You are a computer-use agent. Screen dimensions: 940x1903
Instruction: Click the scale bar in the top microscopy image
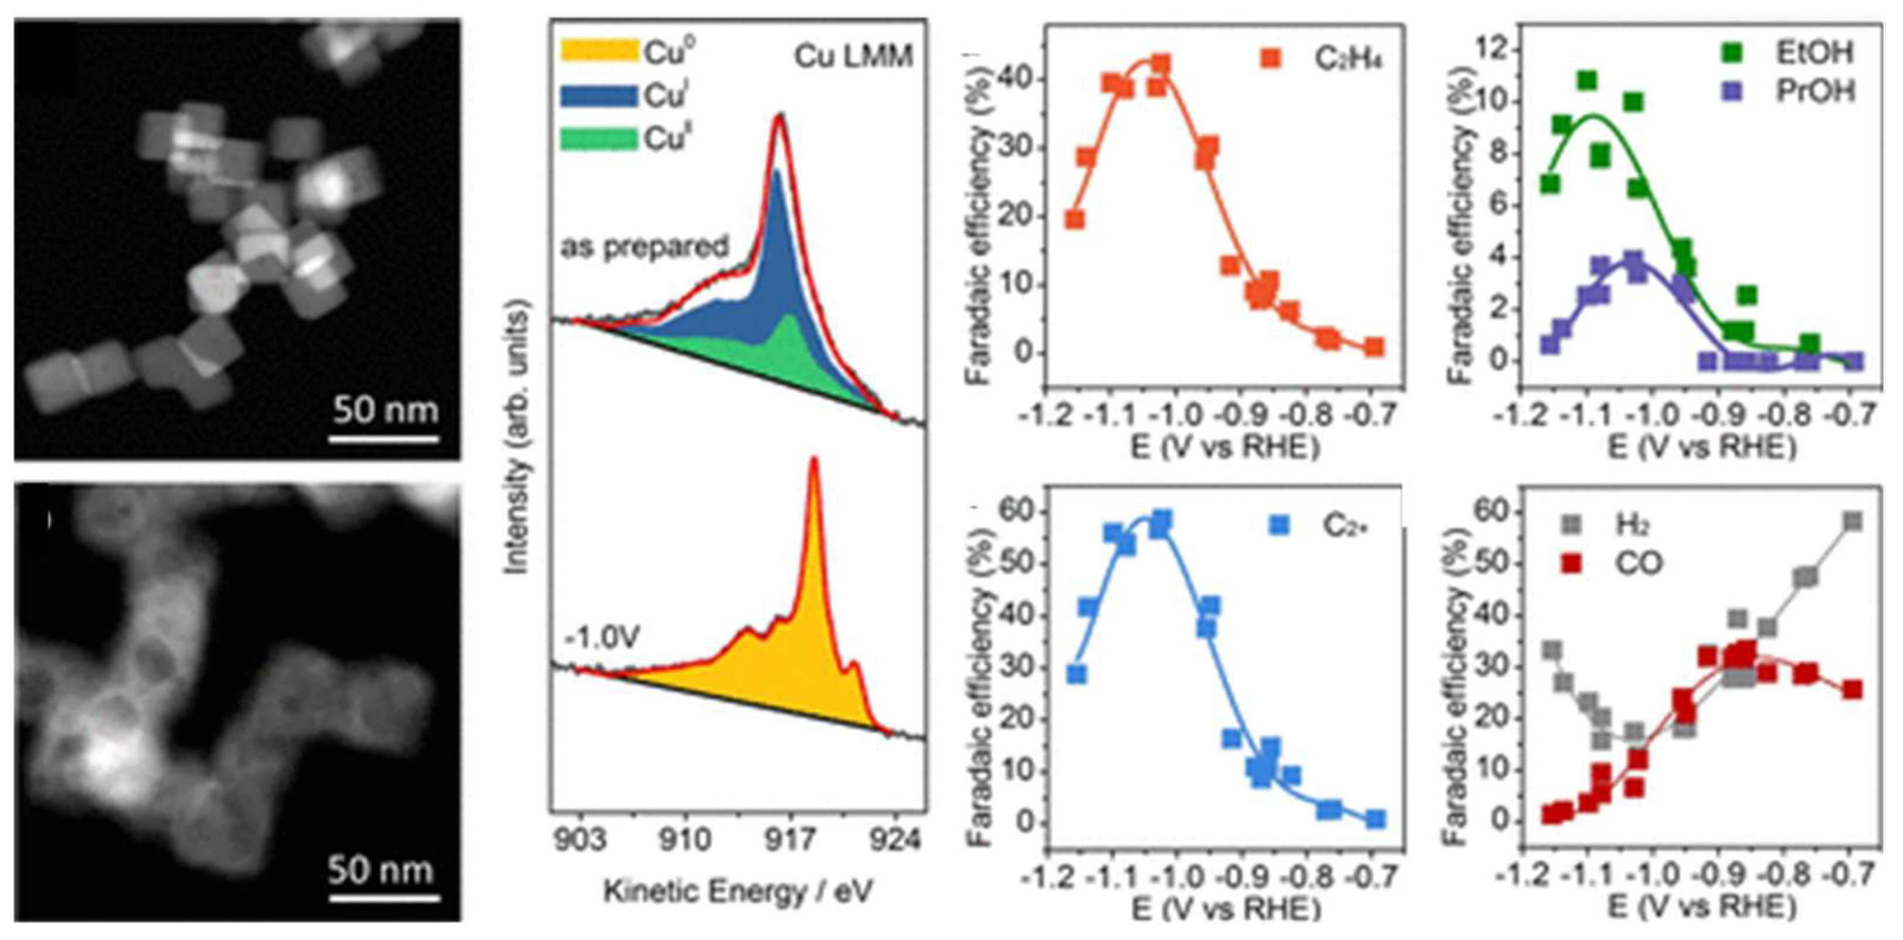tap(384, 439)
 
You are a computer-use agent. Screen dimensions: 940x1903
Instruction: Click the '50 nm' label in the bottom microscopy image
tap(381, 871)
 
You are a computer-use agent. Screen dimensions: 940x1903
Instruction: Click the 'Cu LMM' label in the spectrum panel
tap(853, 57)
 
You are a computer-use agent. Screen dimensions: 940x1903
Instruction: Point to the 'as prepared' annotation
tap(644, 247)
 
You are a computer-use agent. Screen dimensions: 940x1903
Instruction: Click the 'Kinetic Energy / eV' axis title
tap(738, 892)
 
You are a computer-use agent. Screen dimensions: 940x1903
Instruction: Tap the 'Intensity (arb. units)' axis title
tap(517, 436)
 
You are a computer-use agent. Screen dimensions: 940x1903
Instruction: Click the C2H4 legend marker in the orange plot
tap(1271, 58)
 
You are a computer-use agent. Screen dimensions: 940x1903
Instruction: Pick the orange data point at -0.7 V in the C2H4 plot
tap(1373, 347)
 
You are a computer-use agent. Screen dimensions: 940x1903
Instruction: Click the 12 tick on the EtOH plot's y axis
tap(1499, 50)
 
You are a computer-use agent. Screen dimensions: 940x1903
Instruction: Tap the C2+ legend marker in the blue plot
tap(1280, 525)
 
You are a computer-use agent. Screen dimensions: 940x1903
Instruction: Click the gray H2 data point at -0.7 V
tap(1852, 522)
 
